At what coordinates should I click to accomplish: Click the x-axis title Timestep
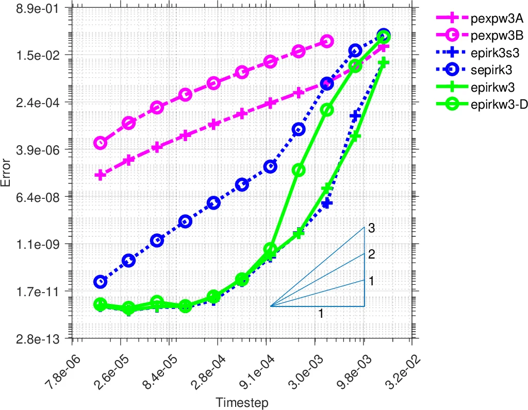(242, 402)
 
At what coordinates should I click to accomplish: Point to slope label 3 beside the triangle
(371, 228)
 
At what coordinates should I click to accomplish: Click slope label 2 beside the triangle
(371, 254)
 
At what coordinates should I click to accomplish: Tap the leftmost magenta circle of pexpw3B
(100, 143)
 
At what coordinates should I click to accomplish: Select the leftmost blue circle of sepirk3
(100, 282)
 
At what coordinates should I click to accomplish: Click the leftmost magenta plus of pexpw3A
(100, 175)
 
